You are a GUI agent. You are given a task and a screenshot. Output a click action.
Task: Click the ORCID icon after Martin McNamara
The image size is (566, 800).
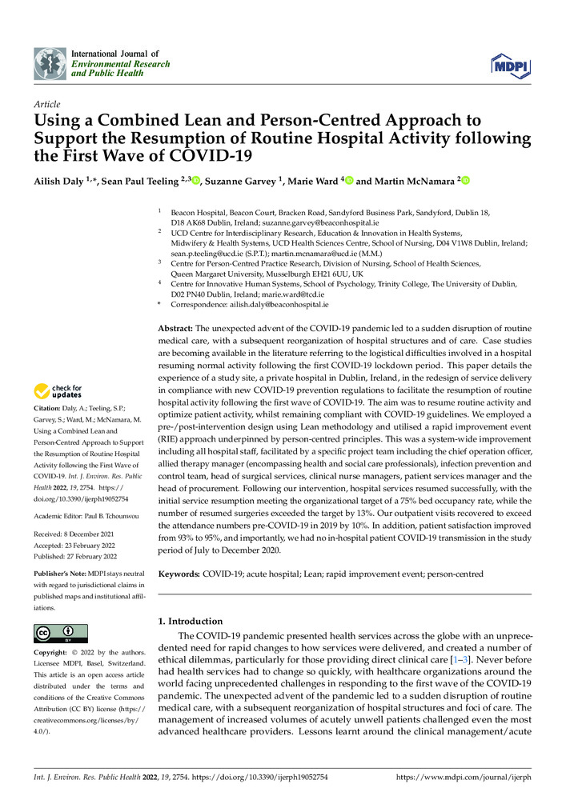coord(463,182)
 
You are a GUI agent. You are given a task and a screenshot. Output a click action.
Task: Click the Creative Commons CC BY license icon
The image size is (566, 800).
coord(60,633)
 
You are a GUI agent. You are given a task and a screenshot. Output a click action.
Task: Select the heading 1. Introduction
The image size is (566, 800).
coord(190,621)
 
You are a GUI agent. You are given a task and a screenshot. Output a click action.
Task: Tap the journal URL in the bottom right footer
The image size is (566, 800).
coord(464,777)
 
